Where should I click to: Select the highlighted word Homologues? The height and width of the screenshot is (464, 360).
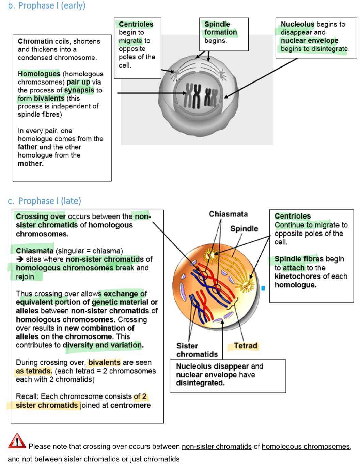pos(39,74)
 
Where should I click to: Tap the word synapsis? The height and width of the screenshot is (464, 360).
pos(79,90)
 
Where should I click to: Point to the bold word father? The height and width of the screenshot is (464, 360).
pos(28,147)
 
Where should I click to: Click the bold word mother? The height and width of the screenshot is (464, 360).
pos(30,164)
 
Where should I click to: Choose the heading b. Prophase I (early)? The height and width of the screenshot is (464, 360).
pos(47,6)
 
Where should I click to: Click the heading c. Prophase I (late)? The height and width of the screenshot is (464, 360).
pos(45,201)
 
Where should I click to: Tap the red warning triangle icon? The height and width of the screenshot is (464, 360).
pos(17,441)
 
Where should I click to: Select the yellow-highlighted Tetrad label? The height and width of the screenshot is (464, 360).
pos(246,346)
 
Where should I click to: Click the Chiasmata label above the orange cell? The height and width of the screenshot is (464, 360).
pos(228,214)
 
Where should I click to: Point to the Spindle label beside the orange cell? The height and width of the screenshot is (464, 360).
pos(244,228)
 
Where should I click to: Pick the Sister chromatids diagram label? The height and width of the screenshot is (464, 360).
pos(197,350)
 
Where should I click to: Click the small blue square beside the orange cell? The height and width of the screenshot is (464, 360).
pos(263,288)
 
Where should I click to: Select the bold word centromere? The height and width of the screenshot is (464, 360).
pos(130,405)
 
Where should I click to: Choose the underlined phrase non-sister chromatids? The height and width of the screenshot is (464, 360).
pos(217,447)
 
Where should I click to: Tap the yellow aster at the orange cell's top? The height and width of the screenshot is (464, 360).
pos(209,254)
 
